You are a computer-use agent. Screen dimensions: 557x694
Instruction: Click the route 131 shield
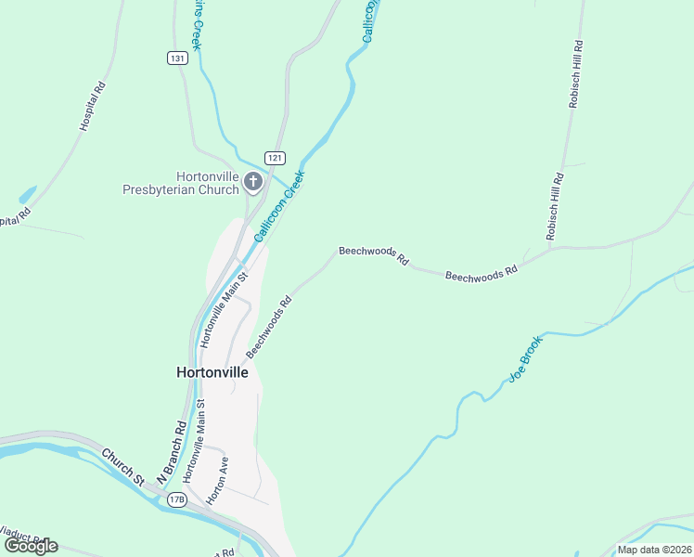pyautogui.click(x=178, y=58)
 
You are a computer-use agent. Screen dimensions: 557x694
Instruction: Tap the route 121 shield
pyautogui.click(x=274, y=158)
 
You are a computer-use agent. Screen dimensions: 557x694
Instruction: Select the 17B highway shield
pyautogui.click(x=177, y=500)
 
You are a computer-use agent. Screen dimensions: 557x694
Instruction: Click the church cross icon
pyautogui.click(x=253, y=183)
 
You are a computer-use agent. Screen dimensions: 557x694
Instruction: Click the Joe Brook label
pyautogui.click(x=524, y=359)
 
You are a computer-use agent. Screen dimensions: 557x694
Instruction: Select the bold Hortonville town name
pyautogui.click(x=212, y=371)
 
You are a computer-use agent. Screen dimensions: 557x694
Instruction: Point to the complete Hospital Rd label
pyautogui.click(x=94, y=107)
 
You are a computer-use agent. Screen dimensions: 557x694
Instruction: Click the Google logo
pyautogui.click(x=31, y=546)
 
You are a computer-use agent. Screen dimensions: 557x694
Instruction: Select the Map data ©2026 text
pyautogui.click(x=654, y=550)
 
